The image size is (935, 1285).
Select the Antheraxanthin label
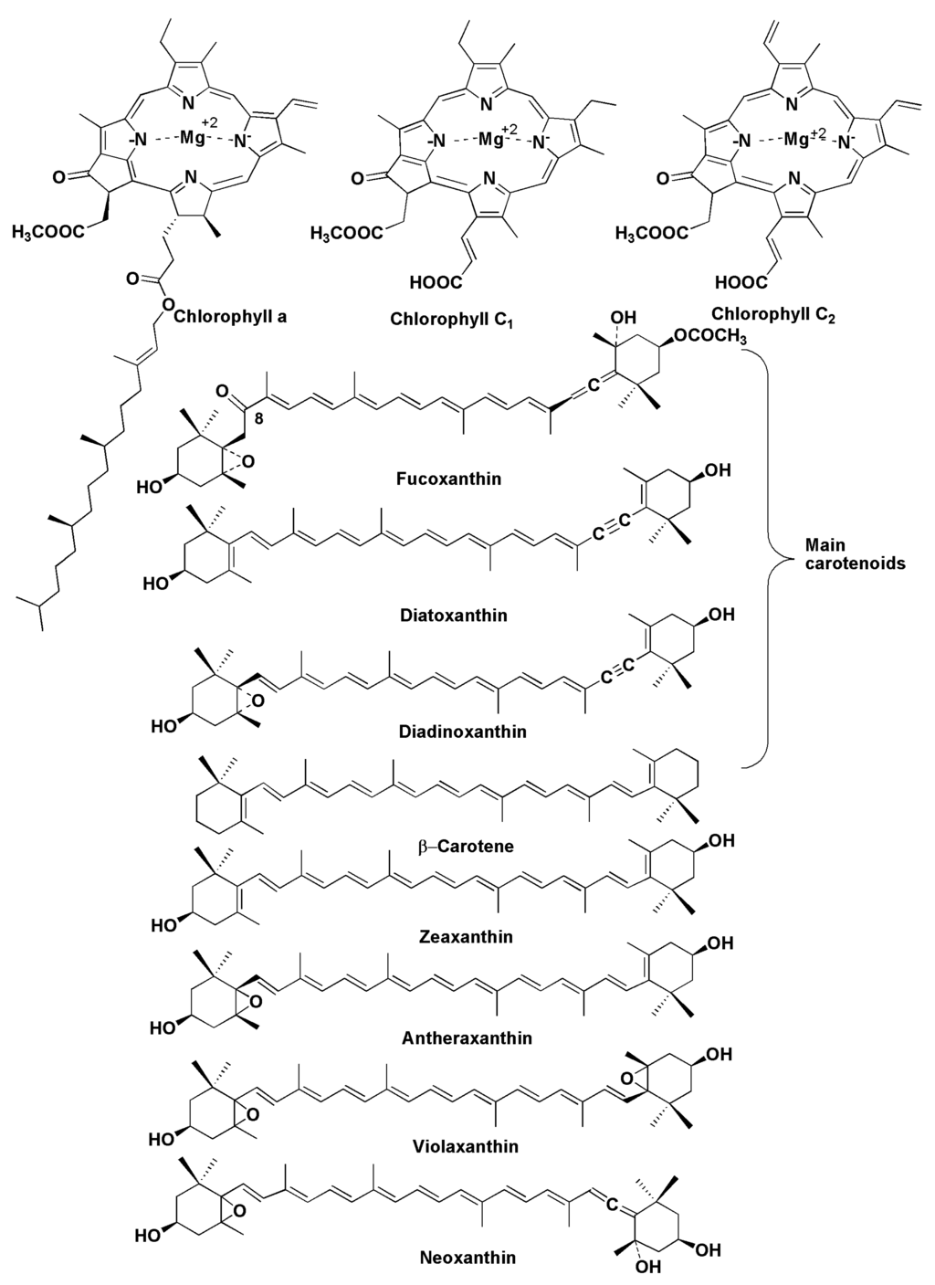pos(467,1037)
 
